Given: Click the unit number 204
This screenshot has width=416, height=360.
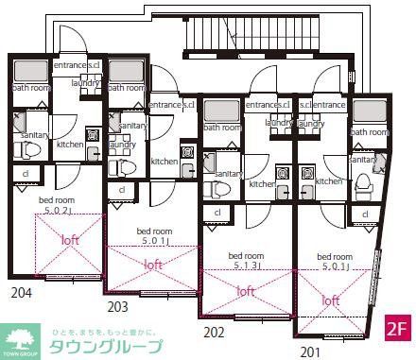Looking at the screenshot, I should click(22, 292).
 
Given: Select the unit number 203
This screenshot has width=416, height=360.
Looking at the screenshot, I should click(117, 305).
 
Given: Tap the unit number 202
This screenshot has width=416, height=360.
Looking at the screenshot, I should click(215, 332).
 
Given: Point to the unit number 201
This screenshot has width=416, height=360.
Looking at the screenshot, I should click(310, 351).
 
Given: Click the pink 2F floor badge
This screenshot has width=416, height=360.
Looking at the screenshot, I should click(398, 332).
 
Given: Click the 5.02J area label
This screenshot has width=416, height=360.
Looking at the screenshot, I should click(57, 210).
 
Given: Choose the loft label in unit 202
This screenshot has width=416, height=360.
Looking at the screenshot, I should click(246, 291).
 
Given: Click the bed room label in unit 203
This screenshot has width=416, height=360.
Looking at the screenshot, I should click(154, 231).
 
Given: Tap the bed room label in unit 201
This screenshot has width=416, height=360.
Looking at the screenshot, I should click(335, 256).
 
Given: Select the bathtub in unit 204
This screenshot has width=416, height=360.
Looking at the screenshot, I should click(31, 70).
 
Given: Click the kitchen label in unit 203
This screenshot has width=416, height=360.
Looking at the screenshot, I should click(165, 162).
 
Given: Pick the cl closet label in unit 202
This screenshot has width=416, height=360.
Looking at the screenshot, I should click(217, 213).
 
